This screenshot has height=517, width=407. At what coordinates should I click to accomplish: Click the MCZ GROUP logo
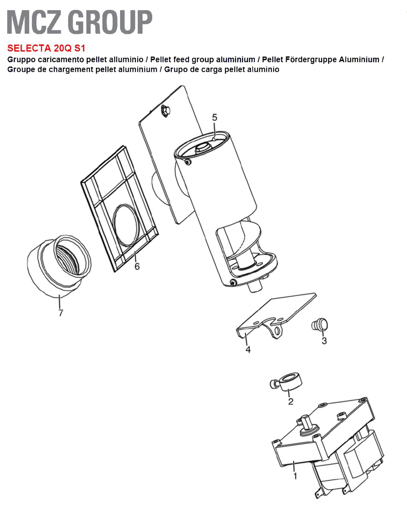tap(80, 22)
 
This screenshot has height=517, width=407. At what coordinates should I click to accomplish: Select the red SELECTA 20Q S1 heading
tap(46, 48)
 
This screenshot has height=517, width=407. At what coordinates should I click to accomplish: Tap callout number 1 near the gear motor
tap(295, 476)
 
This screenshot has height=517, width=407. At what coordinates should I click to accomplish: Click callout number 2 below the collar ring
tap(291, 401)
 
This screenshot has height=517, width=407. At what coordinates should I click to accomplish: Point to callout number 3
tap(324, 341)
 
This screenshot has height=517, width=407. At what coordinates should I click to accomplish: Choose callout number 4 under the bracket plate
tap(248, 350)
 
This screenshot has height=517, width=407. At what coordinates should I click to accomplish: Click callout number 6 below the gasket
tap(137, 266)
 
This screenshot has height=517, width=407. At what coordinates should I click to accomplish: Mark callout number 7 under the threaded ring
tap(61, 313)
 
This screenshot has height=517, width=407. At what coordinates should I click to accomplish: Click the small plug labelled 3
tap(320, 324)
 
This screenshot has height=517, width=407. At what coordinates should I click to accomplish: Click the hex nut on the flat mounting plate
tap(165, 111)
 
